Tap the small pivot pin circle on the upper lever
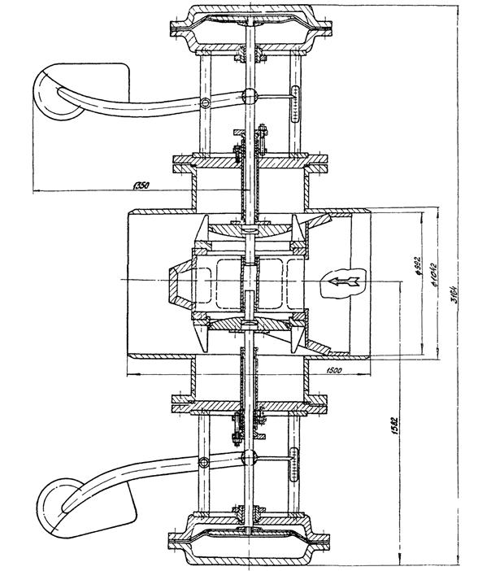206,102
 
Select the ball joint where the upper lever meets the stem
250,96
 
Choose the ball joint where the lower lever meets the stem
250,454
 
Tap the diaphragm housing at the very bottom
250,543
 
